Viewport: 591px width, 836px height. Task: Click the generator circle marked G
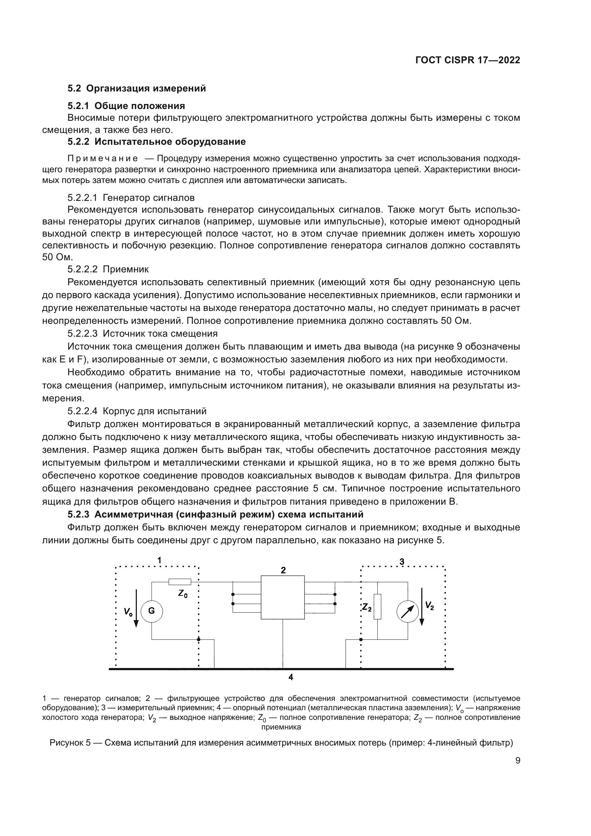click(x=152, y=610)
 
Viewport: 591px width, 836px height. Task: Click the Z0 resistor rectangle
click(x=180, y=582)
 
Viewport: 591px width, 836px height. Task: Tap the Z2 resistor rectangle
click(x=377, y=607)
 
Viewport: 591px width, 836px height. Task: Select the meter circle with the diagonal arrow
click(x=408, y=611)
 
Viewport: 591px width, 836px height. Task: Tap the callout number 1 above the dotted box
click(x=159, y=560)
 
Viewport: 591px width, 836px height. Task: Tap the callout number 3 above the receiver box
click(x=402, y=562)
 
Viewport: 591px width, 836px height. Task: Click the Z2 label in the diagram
click(x=367, y=607)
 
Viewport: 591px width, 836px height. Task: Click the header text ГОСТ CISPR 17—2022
click(x=468, y=60)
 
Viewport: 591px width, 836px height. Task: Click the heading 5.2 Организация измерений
click(x=137, y=89)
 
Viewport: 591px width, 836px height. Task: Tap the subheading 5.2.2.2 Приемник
click(x=108, y=269)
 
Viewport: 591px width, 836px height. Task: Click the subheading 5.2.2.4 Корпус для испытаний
click(x=137, y=411)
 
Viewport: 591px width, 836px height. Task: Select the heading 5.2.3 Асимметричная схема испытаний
click(x=215, y=514)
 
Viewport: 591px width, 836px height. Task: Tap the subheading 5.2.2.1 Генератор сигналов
click(x=131, y=198)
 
